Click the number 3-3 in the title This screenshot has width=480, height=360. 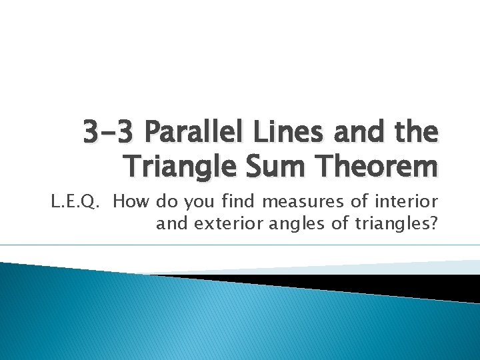point(108,132)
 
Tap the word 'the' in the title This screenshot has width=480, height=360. point(415,132)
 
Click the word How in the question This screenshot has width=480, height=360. point(132,202)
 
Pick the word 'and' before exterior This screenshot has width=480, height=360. point(173,223)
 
